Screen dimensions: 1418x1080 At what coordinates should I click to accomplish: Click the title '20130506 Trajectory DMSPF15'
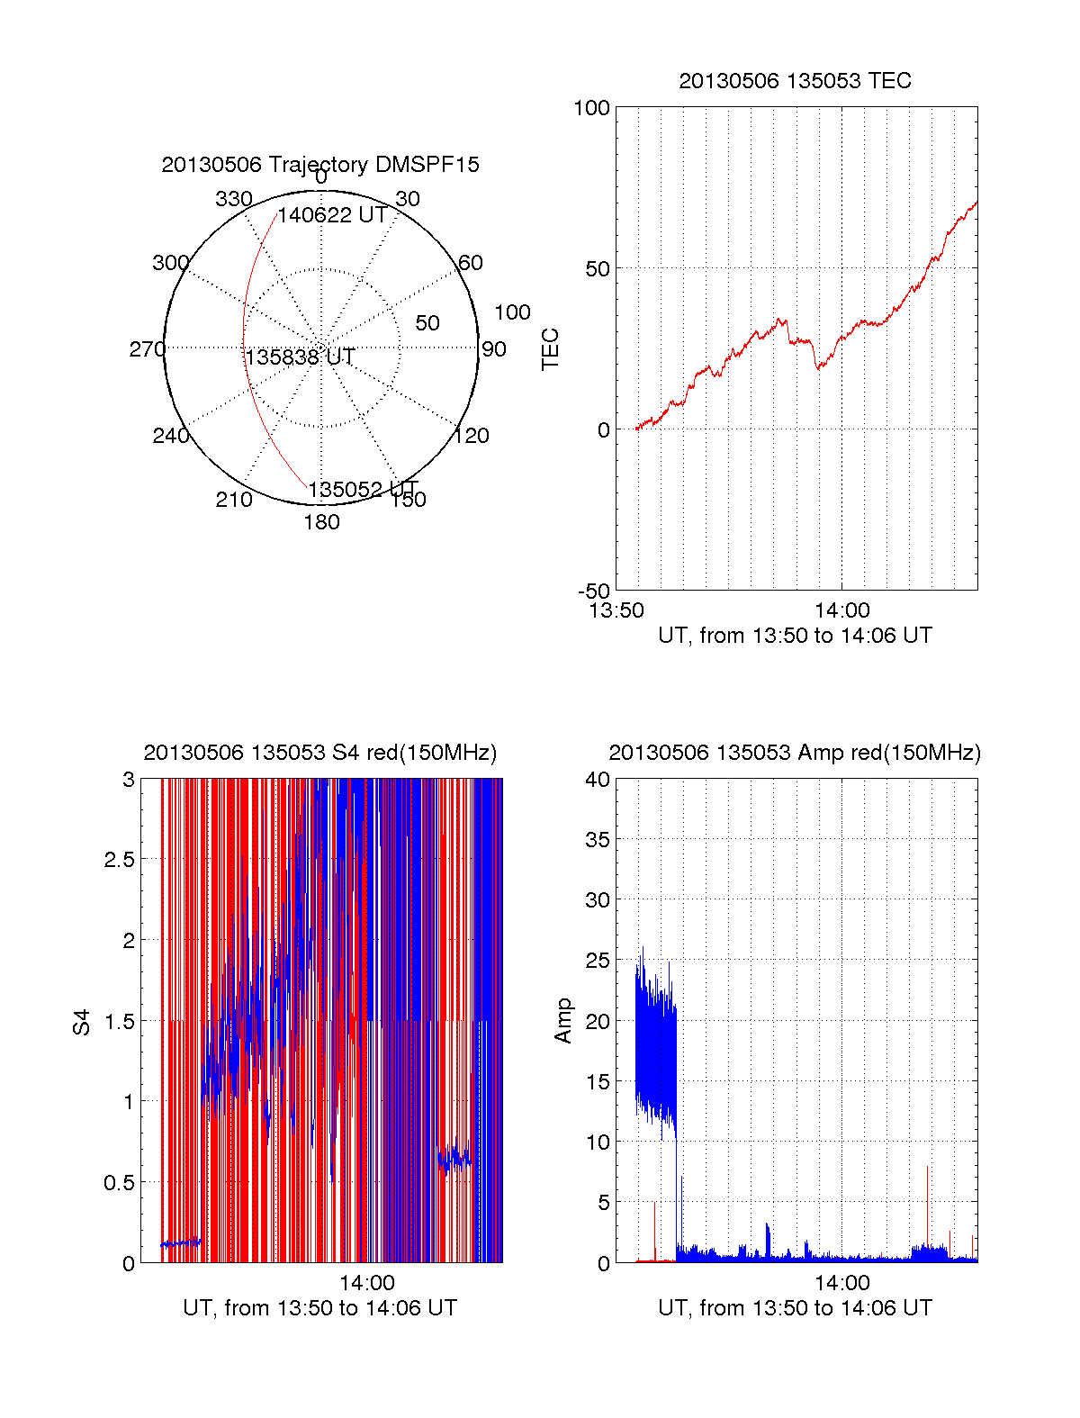[320, 165]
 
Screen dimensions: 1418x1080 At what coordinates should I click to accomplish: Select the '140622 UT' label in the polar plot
[332, 216]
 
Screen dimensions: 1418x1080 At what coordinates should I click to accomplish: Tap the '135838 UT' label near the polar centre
[300, 357]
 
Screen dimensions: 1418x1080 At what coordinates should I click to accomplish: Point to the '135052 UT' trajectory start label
[363, 490]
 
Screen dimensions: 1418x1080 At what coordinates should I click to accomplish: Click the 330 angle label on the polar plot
[233, 199]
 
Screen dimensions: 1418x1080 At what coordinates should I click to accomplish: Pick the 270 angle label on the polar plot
[147, 349]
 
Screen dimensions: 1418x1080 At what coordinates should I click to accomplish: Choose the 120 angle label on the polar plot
[472, 436]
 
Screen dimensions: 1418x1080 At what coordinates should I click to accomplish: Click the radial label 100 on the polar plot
[512, 312]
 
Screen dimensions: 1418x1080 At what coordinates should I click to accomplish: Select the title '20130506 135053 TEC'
[795, 81]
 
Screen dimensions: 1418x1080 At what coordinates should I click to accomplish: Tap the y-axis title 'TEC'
[551, 348]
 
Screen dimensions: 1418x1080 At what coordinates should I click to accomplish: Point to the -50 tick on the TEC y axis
[594, 592]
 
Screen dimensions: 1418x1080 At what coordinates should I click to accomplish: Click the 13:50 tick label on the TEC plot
[616, 610]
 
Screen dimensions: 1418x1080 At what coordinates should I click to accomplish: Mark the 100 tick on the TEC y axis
[591, 108]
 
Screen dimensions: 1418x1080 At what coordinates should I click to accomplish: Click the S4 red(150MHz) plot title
[319, 753]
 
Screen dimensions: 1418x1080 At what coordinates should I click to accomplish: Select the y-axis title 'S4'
[82, 1022]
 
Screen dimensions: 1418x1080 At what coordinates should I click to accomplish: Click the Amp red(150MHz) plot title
[795, 753]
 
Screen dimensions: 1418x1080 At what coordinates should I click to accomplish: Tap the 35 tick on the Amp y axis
[598, 840]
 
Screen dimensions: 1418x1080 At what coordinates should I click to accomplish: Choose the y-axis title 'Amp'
[563, 1021]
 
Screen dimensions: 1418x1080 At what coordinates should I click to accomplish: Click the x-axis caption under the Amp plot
[795, 1308]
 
